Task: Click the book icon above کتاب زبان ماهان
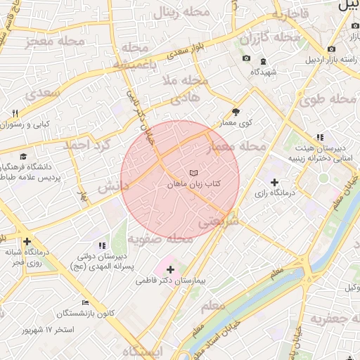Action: click(193, 172)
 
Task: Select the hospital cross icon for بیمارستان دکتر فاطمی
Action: click(170, 269)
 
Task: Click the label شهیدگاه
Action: click(262, 71)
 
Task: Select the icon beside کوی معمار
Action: click(236, 112)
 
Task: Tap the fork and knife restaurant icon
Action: click(15, 113)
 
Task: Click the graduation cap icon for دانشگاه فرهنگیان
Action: click(23, 157)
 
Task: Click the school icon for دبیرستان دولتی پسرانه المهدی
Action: click(102, 245)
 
